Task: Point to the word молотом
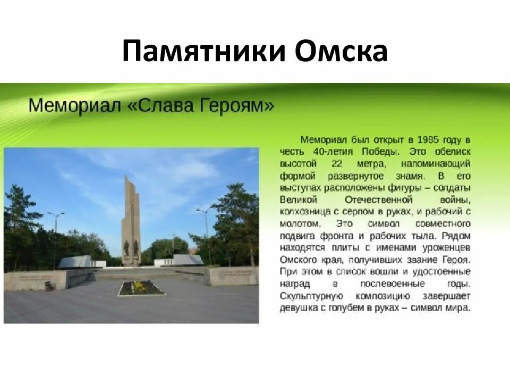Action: click(301, 224)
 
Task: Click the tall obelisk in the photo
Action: click(130, 213)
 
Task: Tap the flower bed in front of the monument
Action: click(141, 288)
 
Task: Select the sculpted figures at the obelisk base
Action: click(131, 248)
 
